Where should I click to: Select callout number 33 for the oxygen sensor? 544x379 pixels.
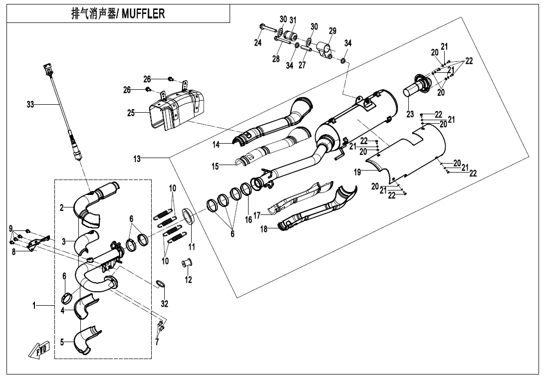[30, 104]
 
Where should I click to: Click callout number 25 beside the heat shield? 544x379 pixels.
[131, 113]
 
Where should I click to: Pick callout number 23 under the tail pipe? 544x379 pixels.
[410, 114]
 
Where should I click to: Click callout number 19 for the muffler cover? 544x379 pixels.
[357, 172]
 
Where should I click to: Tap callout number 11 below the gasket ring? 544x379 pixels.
[192, 247]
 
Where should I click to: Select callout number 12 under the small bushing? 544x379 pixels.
[188, 280]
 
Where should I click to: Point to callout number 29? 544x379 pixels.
[332, 31]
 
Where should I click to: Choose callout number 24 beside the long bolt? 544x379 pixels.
[258, 43]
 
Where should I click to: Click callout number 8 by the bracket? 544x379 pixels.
[13, 252]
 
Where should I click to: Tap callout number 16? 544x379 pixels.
[249, 219]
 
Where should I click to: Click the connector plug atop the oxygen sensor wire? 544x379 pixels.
[47, 69]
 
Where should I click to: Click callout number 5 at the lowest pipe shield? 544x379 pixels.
[62, 342]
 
